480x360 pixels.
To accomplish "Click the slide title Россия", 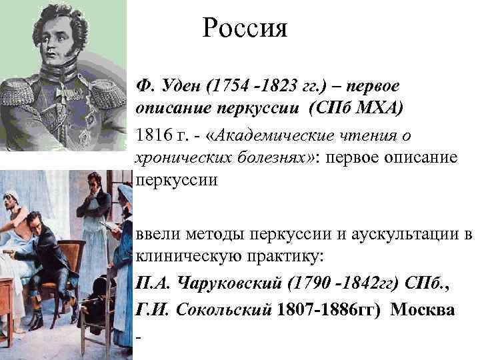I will [x=245, y=28].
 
